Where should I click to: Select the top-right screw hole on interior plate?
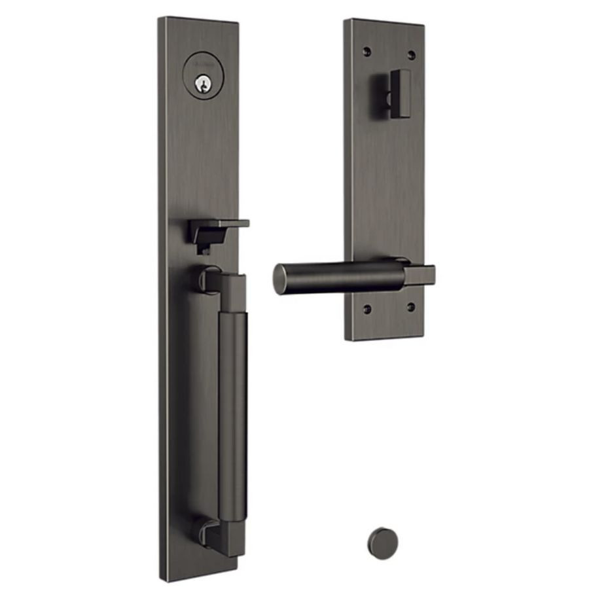(411, 54)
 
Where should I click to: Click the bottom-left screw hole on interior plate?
(367, 308)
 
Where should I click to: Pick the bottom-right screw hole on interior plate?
(410, 306)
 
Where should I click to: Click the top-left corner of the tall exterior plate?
(161, 20)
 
